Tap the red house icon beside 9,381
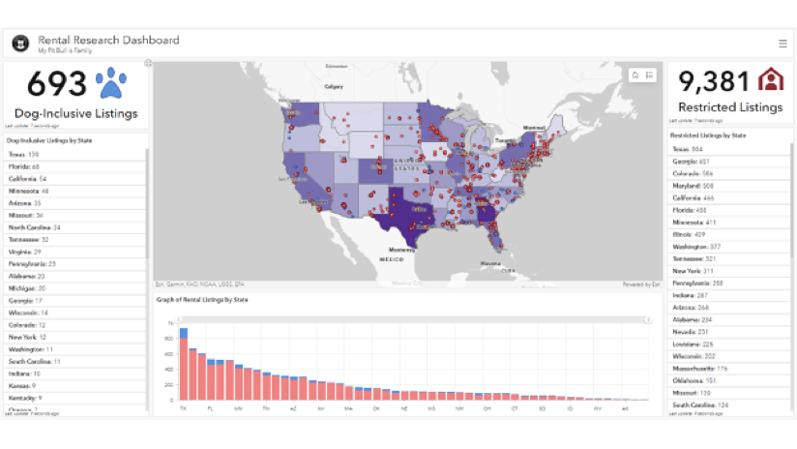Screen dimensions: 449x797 (771, 80)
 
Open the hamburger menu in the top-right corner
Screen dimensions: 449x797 (782, 44)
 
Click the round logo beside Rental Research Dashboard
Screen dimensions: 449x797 (19, 44)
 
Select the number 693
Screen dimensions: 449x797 (57, 85)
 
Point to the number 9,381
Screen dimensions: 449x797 (714, 81)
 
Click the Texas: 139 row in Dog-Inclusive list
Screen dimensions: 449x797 (24, 154)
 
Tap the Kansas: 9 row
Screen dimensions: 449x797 (24, 385)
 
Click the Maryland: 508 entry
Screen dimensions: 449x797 (694, 185)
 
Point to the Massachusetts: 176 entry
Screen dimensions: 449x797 (700, 368)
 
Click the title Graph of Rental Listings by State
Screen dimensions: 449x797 (203, 300)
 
